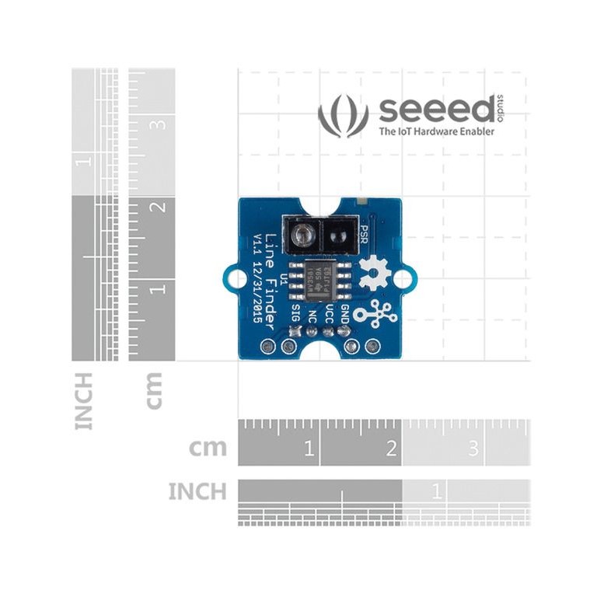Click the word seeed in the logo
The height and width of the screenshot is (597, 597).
435,110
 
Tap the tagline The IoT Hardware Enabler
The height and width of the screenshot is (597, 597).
436,132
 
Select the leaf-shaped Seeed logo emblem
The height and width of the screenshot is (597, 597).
343,116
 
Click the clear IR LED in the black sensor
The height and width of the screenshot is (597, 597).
302,232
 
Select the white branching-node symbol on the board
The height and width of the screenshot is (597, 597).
375,311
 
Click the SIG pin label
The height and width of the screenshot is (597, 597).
295,314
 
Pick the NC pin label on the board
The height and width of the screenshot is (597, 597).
312,316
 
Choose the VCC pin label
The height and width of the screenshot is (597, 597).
329,313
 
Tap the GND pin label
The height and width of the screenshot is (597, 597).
346,313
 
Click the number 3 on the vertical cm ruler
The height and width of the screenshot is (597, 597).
159,124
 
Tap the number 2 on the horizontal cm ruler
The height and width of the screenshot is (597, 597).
391,449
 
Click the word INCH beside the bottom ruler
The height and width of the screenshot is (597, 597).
197,491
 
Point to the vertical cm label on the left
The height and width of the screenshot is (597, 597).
155,389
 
